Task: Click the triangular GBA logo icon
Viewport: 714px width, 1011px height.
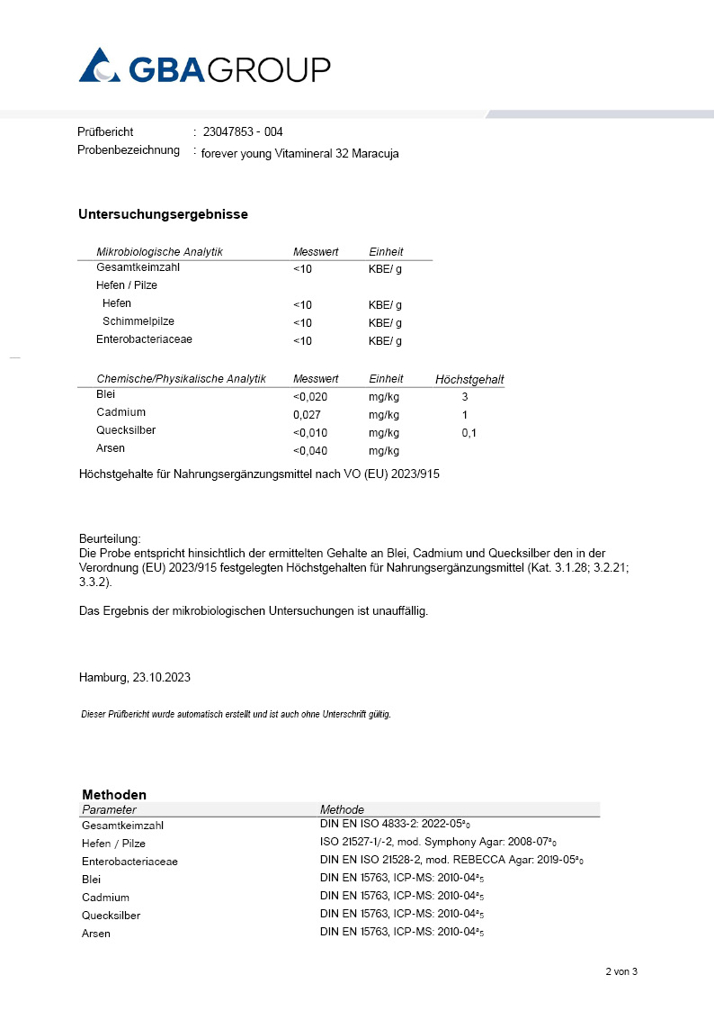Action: pyautogui.click(x=99, y=67)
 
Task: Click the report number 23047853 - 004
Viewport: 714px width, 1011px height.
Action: pyautogui.click(x=243, y=132)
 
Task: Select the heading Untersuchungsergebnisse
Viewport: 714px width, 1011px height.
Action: pyautogui.click(x=163, y=214)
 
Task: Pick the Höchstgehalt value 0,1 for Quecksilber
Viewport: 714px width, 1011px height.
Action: pyautogui.click(x=469, y=433)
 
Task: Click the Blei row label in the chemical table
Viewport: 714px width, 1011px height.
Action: pyautogui.click(x=105, y=394)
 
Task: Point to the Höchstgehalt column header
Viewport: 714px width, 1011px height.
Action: pyautogui.click(x=469, y=379)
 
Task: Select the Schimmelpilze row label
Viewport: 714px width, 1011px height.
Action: pyautogui.click(x=138, y=321)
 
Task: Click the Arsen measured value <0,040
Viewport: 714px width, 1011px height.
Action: pyautogui.click(x=310, y=451)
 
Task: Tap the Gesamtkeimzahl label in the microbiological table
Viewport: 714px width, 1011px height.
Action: pyautogui.click(x=138, y=268)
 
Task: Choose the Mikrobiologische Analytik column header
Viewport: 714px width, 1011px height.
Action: pyautogui.click(x=159, y=252)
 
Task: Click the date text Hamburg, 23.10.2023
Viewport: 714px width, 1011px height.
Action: pyautogui.click(x=134, y=677)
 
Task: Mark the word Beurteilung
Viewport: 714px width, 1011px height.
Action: pyautogui.click(x=110, y=537)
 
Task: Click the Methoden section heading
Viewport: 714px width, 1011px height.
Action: pyautogui.click(x=114, y=795)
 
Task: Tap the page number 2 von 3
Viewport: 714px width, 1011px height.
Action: pyautogui.click(x=620, y=971)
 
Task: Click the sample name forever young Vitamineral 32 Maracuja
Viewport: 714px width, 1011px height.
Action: pyautogui.click(x=299, y=154)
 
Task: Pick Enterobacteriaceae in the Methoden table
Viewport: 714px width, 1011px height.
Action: pyautogui.click(x=129, y=862)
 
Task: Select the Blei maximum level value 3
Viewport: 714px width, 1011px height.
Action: pyautogui.click(x=465, y=396)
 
